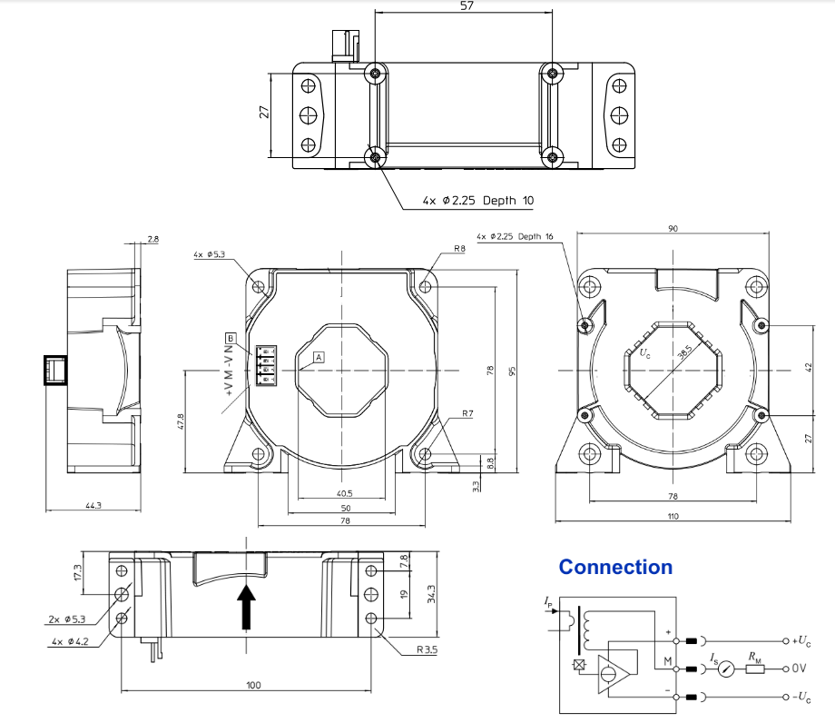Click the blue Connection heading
[615, 567]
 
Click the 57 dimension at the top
[467, 5]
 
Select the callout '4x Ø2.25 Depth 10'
[477, 201]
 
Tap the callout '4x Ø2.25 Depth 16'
[515, 236]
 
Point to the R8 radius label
[459, 248]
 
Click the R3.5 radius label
[427, 649]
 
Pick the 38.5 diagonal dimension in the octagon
[685, 352]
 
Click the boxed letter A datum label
[319, 357]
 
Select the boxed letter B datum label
[231, 338]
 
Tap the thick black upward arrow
[246, 607]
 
